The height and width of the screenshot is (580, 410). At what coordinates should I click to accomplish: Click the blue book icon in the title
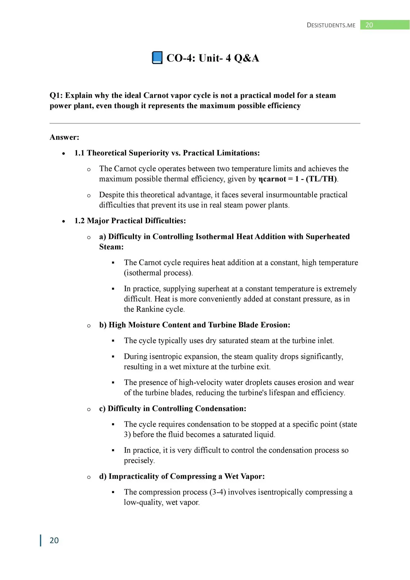click(x=157, y=58)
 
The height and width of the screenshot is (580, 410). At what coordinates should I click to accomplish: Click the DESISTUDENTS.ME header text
click(x=331, y=25)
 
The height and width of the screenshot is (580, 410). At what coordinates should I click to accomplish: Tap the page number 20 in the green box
click(x=369, y=25)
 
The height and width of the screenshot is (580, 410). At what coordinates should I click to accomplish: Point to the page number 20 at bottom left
click(x=54, y=540)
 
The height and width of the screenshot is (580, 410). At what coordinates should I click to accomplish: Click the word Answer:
click(x=64, y=137)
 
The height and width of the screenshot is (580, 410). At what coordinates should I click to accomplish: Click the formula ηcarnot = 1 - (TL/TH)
click(x=298, y=179)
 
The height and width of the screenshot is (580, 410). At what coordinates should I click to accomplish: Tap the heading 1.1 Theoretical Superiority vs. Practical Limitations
click(x=167, y=153)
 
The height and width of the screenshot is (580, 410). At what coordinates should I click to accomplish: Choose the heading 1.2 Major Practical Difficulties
click(x=130, y=221)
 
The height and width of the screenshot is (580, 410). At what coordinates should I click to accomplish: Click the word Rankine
click(x=149, y=309)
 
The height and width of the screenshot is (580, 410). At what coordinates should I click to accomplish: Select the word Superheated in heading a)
click(x=328, y=237)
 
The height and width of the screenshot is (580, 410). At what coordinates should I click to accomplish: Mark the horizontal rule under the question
click(x=205, y=123)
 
